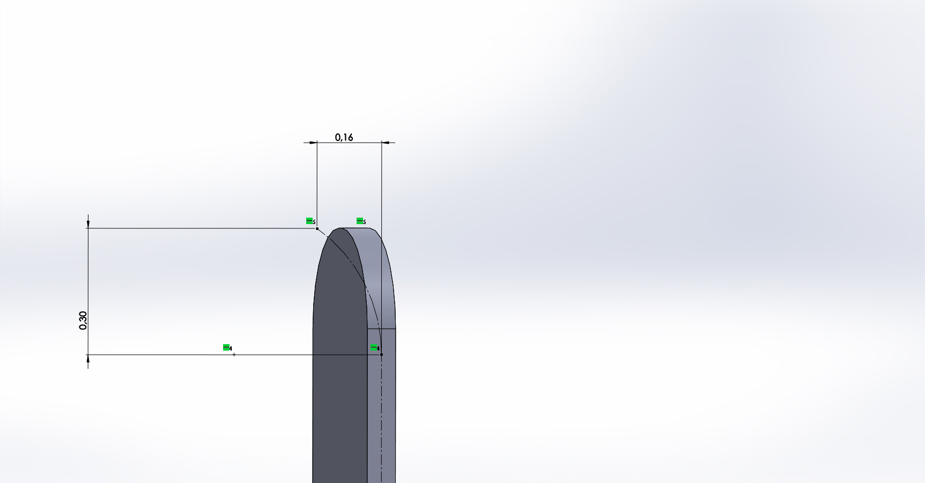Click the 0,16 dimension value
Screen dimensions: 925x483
coord(344,137)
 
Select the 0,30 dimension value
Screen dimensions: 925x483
coord(83,320)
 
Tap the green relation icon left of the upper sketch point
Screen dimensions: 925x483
coord(309,221)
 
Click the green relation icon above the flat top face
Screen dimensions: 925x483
coord(360,221)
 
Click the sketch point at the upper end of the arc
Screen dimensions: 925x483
coord(317,228)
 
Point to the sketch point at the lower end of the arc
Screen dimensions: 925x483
coord(381,354)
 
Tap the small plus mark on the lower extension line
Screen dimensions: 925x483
coord(234,354)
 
